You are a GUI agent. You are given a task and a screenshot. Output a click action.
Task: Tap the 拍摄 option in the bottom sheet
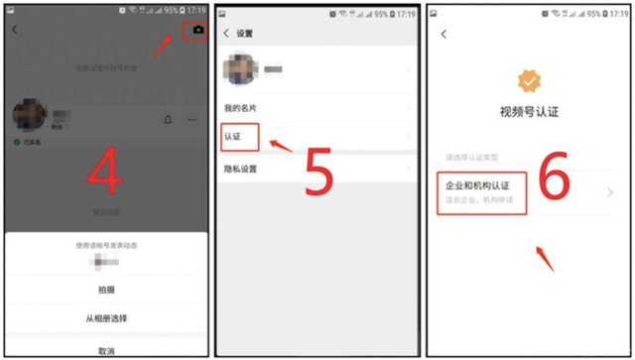105,289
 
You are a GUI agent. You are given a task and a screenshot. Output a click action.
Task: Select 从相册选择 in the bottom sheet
105,318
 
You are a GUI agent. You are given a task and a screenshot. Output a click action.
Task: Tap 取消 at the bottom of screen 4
105,350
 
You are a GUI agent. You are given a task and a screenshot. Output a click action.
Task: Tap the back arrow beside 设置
226,33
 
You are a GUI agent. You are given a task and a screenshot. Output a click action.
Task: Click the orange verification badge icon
529,82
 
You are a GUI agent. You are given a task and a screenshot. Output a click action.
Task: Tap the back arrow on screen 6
444,35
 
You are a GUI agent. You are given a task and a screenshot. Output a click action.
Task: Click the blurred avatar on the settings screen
243,69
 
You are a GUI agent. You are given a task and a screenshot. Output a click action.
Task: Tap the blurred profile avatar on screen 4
28,116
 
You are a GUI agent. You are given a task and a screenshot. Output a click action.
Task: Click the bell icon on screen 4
167,120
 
